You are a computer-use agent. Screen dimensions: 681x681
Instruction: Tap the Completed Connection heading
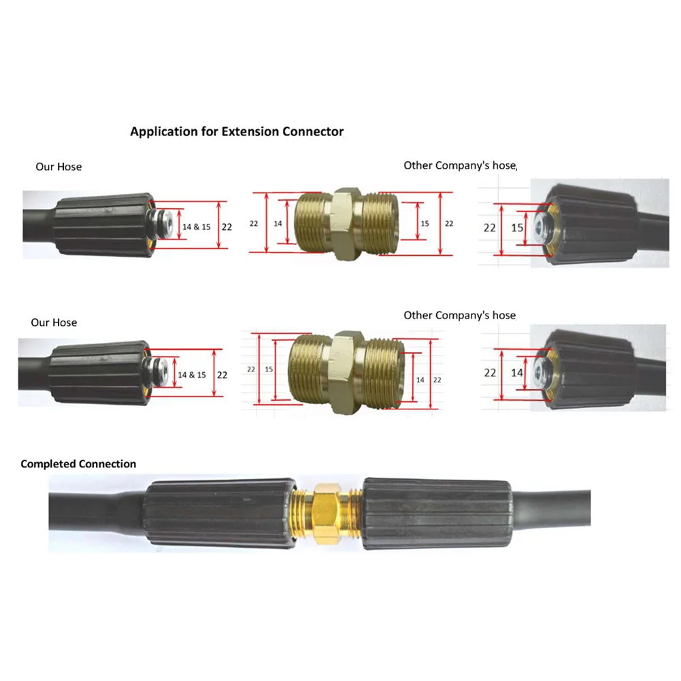coord(78,464)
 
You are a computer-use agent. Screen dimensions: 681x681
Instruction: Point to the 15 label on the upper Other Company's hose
coord(517,227)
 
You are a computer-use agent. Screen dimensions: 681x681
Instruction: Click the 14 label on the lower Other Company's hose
coord(517,372)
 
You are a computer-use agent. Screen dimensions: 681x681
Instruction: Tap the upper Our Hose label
coord(59,167)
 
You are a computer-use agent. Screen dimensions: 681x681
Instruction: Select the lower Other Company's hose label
coord(460,315)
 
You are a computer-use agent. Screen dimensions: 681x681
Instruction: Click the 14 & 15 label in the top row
coord(197,227)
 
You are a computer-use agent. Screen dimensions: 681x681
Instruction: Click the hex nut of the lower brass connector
coord(346,367)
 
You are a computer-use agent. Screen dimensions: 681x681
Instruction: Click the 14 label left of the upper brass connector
coord(278,223)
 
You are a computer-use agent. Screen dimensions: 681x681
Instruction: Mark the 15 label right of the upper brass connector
coord(425,223)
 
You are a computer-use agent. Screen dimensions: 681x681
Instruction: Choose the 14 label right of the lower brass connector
coord(420,379)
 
